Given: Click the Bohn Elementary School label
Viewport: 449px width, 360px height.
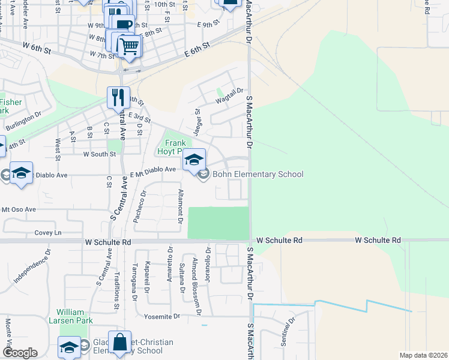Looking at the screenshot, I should coord(258,175).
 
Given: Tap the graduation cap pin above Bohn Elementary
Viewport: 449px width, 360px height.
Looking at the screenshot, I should coord(194,160).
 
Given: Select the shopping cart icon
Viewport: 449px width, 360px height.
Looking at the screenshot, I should coord(129,46).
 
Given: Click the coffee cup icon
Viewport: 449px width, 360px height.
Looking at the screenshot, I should coord(123,25).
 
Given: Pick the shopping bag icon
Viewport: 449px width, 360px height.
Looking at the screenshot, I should coord(119,343).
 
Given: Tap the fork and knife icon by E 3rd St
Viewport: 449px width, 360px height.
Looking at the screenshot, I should coord(118,97).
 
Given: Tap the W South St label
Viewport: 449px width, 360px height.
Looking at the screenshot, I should coord(99,154).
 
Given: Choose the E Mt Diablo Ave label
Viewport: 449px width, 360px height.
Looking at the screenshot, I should coord(153,170).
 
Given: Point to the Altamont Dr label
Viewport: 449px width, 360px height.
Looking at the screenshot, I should coord(180,206).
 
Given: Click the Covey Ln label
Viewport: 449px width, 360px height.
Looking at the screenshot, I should coord(48,232).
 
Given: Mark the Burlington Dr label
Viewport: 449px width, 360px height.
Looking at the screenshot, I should coord(24,121).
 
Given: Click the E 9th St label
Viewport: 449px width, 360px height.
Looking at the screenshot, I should coord(209,25).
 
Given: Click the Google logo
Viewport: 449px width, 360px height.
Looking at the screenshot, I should coord(20,353).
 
